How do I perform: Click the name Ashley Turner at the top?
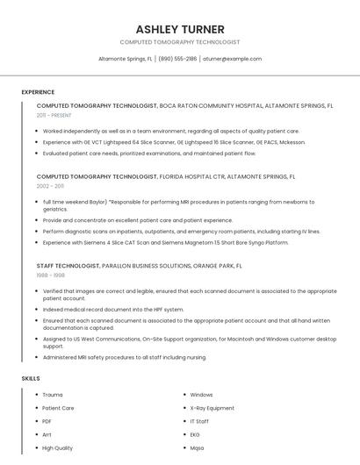point(179,29)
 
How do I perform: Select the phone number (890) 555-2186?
point(177,59)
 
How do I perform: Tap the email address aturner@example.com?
point(232,59)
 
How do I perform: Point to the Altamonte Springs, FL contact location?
point(125,59)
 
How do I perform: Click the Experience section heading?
point(38,92)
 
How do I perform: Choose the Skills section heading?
point(31,378)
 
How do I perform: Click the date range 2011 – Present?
point(54,115)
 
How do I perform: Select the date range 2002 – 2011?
point(50,186)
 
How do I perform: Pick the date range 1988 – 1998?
point(50,275)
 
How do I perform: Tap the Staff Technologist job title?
point(68,265)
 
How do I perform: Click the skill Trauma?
point(53,395)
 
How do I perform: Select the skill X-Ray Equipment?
point(212,408)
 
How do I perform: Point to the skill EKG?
point(195,434)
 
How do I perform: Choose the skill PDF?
point(47,421)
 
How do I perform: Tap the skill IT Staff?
point(199,421)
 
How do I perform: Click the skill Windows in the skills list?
point(201,395)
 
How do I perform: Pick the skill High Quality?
point(57,447)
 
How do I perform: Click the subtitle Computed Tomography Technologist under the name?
point(179,42)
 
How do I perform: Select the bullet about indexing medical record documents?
point(113,309)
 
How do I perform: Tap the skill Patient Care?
point(58,408)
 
